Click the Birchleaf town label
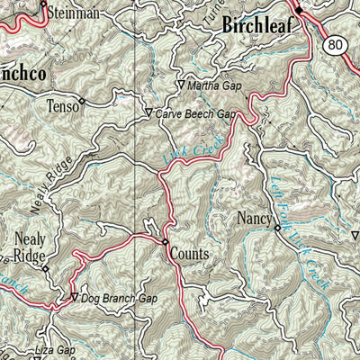(x=261, y=27)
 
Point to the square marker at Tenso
(x=82, y=101)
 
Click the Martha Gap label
(x=216, y=85)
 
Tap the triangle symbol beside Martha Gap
(x=178, y=85)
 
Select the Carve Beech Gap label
(x=194, y=114)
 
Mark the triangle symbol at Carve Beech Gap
(x=148, y=114)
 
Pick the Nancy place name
(x=254, y=218)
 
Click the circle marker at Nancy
(x=277, y=228)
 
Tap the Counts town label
(x=189, y=255)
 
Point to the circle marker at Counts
(x=166, y=241)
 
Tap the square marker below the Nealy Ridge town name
(x=44, y=268)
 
